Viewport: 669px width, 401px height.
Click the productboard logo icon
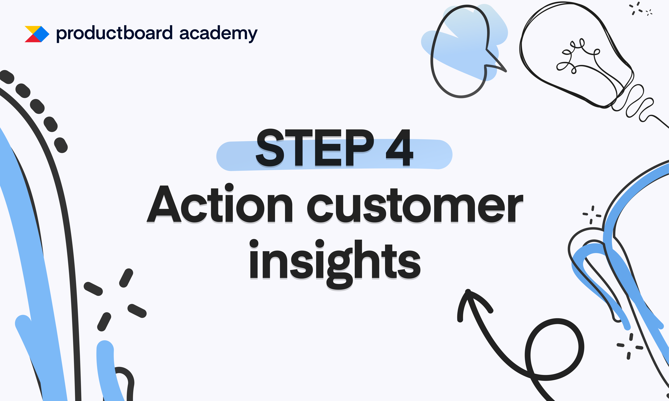tap(37, 34)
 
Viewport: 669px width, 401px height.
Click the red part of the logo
tap(32, 39)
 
